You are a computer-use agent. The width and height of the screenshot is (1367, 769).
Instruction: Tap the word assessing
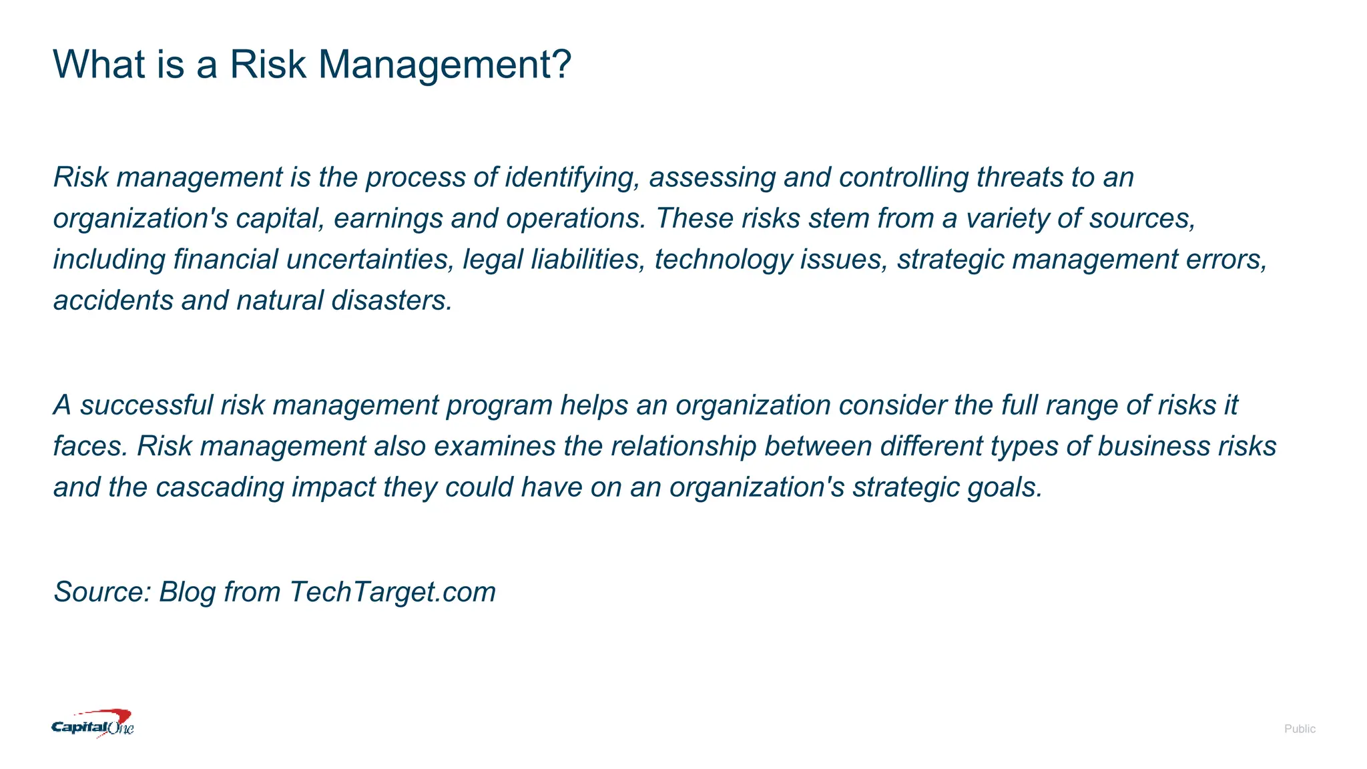pyautogui.click(x=712, y=178)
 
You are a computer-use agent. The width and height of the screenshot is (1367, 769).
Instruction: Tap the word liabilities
pyautogui.click(x=587, y=260)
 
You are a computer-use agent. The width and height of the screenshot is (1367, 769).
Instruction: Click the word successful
pyautogui.click(x=146, y=405)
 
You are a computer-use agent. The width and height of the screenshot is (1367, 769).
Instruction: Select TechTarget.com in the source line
pyautogui.click(x=392, y=592)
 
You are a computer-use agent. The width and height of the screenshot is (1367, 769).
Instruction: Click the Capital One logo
pyautogui.click(x=93, y=724)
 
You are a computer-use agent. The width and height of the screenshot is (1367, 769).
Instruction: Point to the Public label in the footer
pyautogui.click(x=1299, y=729)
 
